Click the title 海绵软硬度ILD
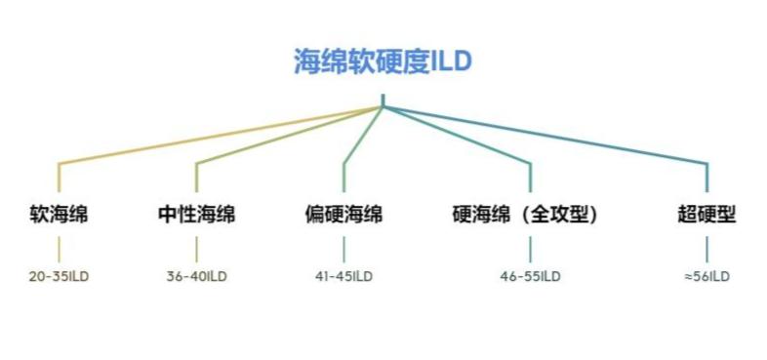coord(383,61)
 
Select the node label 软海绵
coord(59,214)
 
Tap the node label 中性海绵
coord(196,214)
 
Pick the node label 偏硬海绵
coord(343,214)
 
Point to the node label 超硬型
coord(706,214)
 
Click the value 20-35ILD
coord(59,276)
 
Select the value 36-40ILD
coord(196,276)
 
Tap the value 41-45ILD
coord(343,276)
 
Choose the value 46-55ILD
coord(531,276)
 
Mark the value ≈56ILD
coord(706,276)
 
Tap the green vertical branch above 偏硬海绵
coord(343,176)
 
